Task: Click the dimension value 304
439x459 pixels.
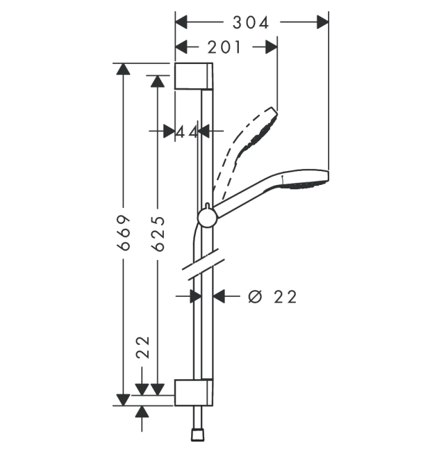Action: pos(251,22)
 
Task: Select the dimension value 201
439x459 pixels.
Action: pos(224,47)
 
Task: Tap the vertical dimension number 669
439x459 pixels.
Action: pos(124,232)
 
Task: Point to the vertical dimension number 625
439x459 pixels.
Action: pos(158,232)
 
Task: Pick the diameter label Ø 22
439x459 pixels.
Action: pos(272,297)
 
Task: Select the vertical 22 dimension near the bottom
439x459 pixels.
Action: pos(142,347)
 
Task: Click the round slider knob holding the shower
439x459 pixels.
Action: pos(207,218)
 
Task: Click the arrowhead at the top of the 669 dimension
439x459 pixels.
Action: pos(124,70)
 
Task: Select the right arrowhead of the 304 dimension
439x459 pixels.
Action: pos(322,22)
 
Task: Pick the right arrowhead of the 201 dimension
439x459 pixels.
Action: pos(271,47)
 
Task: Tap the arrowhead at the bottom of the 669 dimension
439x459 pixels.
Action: pos(124,398)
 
